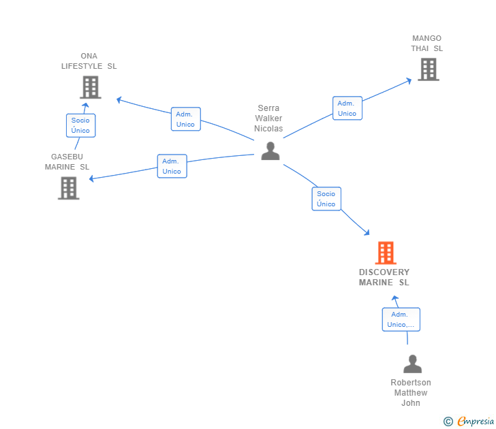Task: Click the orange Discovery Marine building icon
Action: click(386, 253)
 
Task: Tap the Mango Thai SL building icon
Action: click(428, 69)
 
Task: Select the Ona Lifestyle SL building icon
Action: click(90, 87)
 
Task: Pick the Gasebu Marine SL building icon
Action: click(69, 188)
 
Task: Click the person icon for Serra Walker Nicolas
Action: click(270, 150)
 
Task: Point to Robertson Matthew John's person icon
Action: click(412, 364)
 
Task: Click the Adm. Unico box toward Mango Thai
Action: click(347, 108)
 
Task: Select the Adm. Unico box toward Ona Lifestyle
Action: click(185, 119)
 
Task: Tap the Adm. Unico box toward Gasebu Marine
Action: click(172, 166)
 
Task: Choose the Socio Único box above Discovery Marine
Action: click(326, 199)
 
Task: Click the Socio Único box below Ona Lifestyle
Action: click(80, 125)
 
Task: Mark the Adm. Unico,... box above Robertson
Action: click(401, 319)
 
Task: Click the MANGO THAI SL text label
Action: click(427, 44)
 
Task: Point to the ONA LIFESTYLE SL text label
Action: click(89, 61)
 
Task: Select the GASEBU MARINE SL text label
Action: click(67, 161)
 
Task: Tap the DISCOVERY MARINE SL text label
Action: click(384, 277)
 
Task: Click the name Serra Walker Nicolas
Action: click(268, 118)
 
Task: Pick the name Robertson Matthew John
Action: click(411, 393)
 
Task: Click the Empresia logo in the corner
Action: click(476, 422)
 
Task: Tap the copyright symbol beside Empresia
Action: click(448, 422)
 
